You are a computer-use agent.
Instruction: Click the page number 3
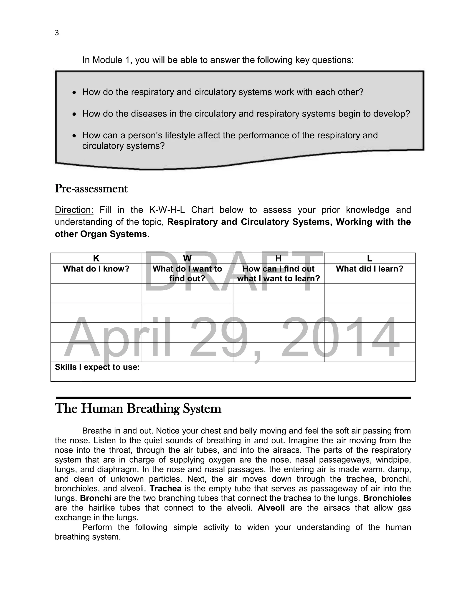point(57,33)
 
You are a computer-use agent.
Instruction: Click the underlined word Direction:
point(74,210)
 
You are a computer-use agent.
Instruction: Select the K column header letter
point(96,258)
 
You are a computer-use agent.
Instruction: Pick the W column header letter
point(187,258)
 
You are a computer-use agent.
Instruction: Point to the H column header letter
point(278,258)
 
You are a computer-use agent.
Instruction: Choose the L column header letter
point(369,258)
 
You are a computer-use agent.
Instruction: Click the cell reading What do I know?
point(96,269)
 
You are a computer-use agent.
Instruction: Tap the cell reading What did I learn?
point(369,269)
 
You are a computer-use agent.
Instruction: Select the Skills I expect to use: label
point(97,367)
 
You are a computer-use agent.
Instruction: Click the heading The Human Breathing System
point(138,409)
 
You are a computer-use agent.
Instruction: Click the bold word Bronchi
point(96,498)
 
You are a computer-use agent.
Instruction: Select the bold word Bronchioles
point(387,498)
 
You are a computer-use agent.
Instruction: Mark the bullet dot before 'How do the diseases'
point(74,114)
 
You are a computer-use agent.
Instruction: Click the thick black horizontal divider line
point(233,398)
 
